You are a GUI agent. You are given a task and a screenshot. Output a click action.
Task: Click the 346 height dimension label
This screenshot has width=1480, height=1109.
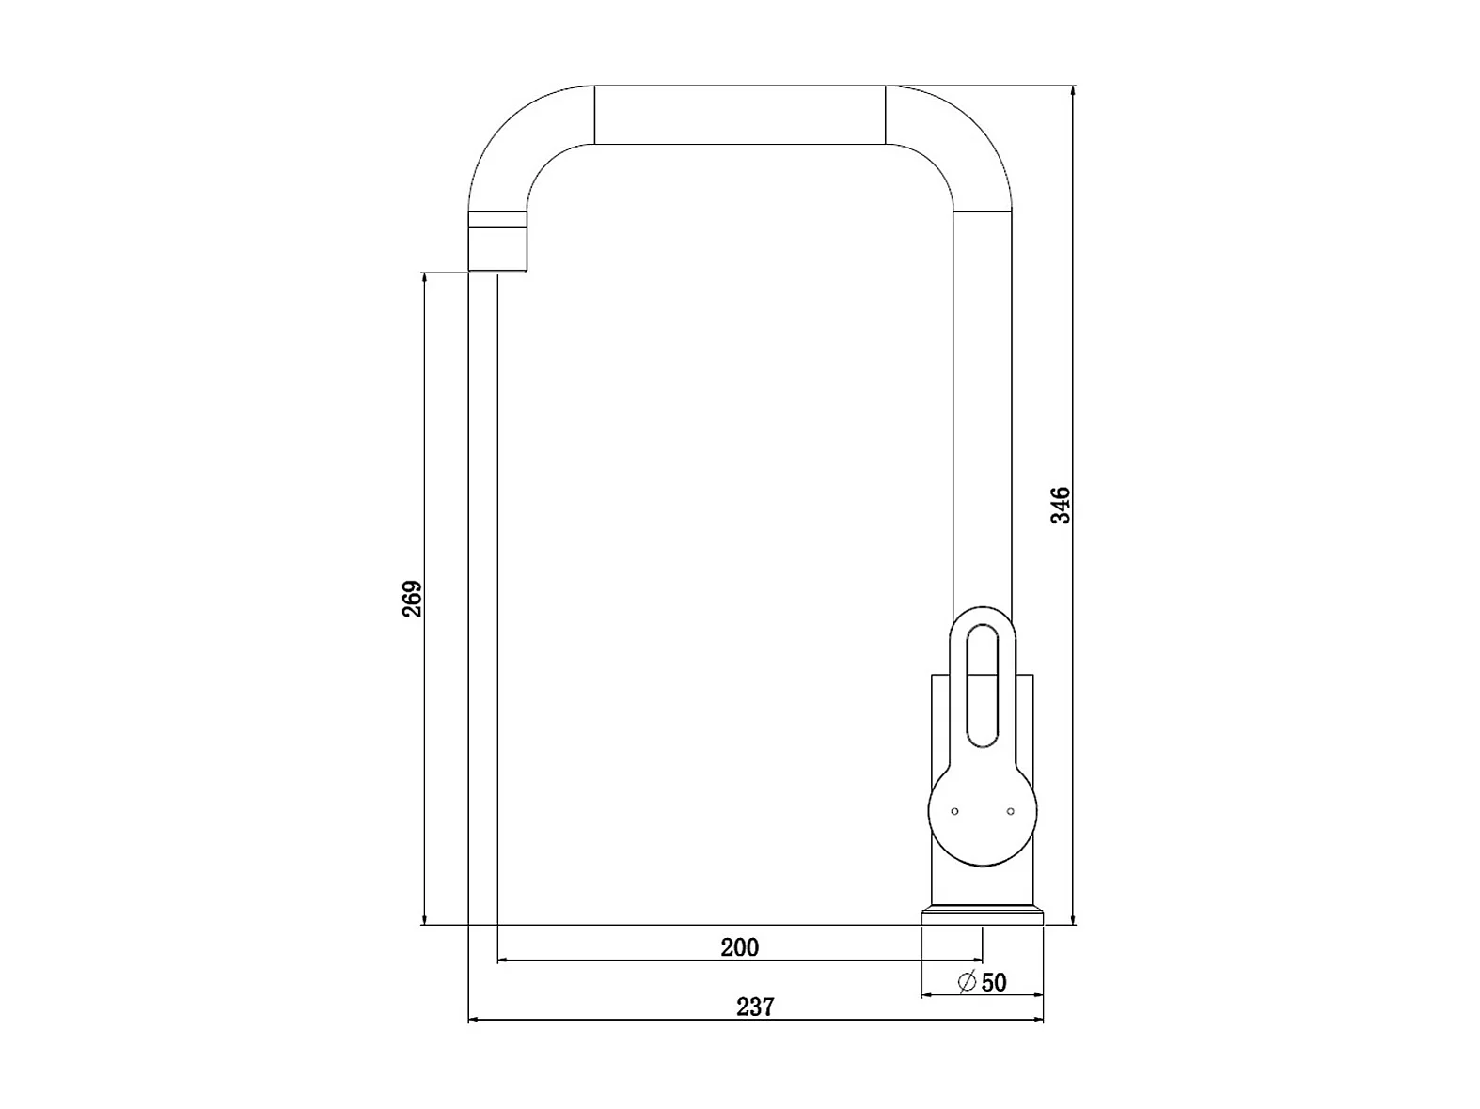pos(1060,506)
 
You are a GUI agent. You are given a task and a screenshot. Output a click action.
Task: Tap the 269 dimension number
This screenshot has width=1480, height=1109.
pos(412,599)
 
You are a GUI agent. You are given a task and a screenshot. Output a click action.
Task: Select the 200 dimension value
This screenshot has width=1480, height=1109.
pos(740,947)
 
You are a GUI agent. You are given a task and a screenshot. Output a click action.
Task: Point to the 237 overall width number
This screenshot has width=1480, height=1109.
pos(755,1007)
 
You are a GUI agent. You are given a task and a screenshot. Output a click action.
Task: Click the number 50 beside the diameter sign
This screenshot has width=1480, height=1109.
pos(994,983)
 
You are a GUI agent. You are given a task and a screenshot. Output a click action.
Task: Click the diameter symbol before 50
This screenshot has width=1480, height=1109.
pos(967,982)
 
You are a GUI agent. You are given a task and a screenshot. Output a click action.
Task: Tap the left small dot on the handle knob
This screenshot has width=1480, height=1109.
pos(954,811)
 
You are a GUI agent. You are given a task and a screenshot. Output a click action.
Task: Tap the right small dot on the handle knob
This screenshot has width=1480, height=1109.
pos(1010,811)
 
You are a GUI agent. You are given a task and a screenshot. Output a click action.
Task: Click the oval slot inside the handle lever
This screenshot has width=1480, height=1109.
pos(983,686)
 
